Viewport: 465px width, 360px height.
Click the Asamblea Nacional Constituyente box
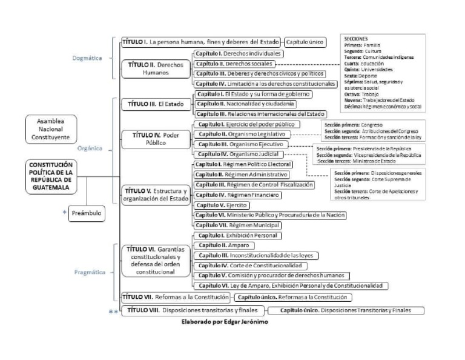pos(51,129)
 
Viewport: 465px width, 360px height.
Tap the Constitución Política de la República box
pos(51,176)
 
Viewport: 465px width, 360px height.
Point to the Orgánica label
pos(89,147)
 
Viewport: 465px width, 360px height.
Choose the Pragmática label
pos(90,273)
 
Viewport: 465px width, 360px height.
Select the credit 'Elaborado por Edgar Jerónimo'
pos(225,322)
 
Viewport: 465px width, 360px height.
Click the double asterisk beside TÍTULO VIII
pos(112,312)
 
